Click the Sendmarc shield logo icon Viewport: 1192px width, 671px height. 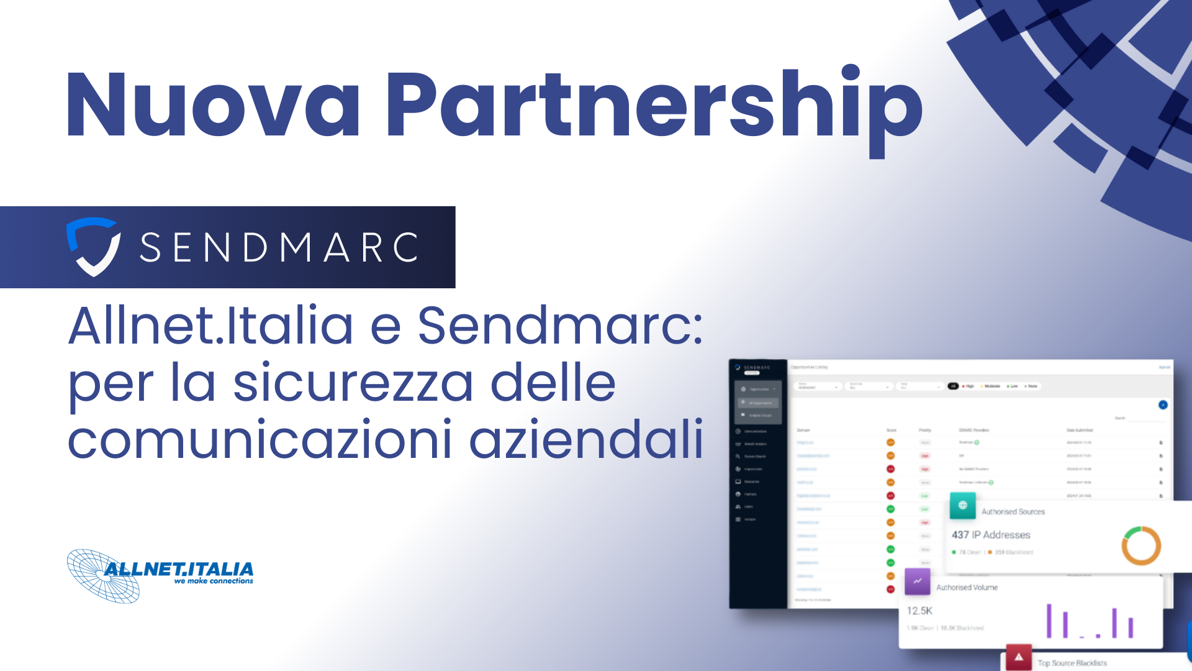click(x=93, y=246)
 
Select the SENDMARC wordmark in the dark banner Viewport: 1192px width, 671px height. click(x=280, y=247)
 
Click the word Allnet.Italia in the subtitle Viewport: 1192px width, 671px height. click(x=210, y=326)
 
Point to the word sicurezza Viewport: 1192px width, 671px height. click(x=353, y=383)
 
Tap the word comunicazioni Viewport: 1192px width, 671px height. click(x=260, y=439)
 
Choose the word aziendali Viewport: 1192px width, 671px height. click(x=586, y=439)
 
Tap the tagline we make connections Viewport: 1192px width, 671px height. click(x=214, y=581)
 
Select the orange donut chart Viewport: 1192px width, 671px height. click(x=1141, y=545)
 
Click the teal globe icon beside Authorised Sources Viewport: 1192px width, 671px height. click(x=962, y=506)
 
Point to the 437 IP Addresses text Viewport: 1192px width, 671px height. click(x=991, y=535)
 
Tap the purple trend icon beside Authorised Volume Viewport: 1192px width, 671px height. click(x=918, y=582)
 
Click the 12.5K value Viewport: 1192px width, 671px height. click(x=919, y=611)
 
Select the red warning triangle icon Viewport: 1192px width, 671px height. click(x=1019, y=657)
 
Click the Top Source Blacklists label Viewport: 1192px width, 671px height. click(x=1072, y=663)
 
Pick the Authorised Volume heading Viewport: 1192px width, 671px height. click(x=967, y=587)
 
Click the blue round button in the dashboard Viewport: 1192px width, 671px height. click(x=1163, y=405)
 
